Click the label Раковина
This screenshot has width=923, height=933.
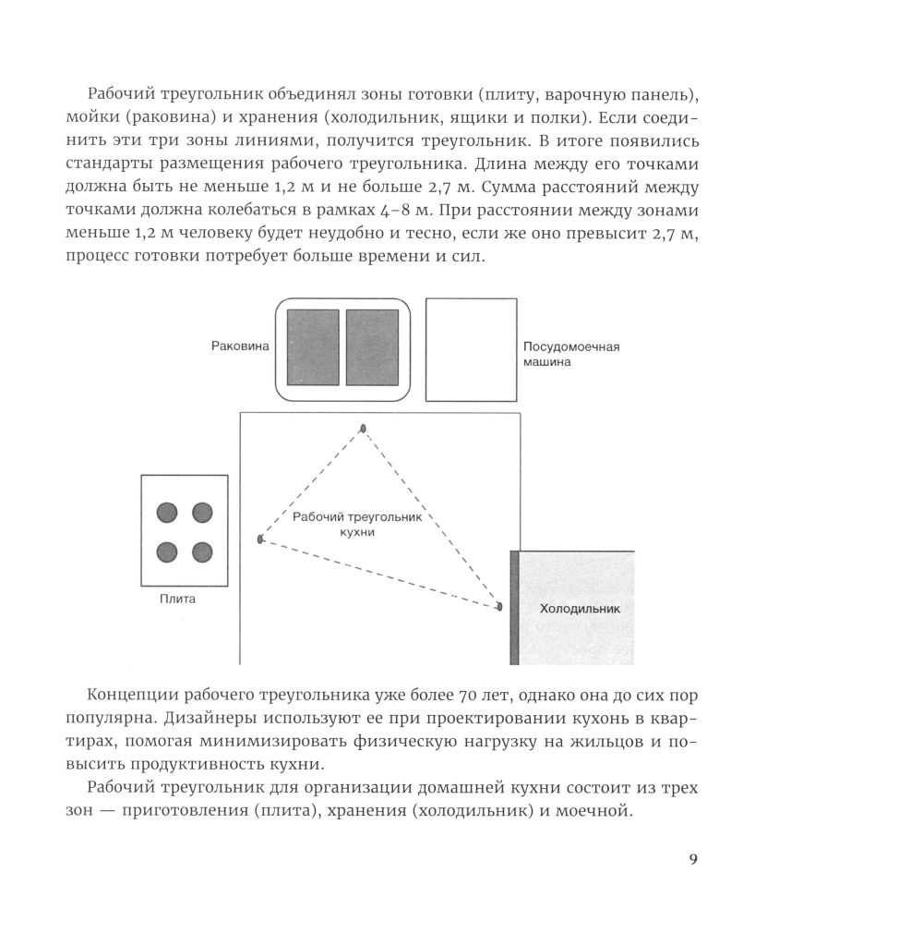(240, 346)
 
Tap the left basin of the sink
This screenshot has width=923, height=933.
(313, 347)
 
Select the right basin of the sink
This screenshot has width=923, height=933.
(372, 347)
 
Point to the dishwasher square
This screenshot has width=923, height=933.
(471, 349)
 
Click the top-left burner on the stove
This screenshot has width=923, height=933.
(167, 512)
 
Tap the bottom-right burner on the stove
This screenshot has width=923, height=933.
(202, 552)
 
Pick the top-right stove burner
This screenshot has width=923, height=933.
(202, 512)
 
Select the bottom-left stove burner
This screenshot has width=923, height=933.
(167, 552)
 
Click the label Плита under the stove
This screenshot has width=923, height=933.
(177, 599)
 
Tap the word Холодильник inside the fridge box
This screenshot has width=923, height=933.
(580, 609)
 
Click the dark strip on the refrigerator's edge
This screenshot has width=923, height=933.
(514, 607)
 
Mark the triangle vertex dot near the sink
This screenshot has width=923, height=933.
(364, 428)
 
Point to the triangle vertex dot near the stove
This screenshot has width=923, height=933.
(260, 539)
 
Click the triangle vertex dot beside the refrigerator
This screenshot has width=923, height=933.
(499, 607)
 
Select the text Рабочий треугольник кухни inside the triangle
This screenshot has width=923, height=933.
(356, 525)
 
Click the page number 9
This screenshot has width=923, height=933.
(693, 860)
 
